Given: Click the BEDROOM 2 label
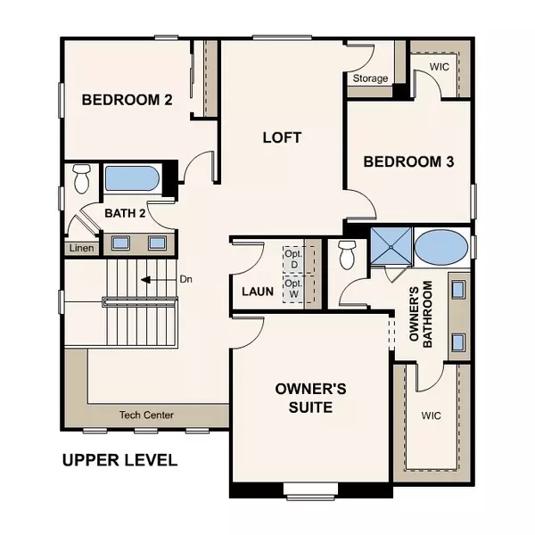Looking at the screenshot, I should point(127,100).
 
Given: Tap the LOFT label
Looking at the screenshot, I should point(282,138).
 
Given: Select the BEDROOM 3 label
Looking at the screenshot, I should point(409,161).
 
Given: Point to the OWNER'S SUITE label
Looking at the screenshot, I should point(304,399).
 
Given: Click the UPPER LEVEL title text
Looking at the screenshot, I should point(119,461).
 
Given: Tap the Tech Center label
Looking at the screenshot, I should point(146,415).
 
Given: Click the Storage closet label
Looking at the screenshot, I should point(370,78).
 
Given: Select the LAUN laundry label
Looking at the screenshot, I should point(257,292).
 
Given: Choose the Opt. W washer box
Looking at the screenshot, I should point(293,286).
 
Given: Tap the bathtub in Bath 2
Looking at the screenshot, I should point(132,178).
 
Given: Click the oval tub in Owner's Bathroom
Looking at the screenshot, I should point(440,247).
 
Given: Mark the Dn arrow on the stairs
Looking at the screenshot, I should point(145,279).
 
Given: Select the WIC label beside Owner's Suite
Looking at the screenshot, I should point(432,416).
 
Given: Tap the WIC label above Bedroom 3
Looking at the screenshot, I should point(440,67).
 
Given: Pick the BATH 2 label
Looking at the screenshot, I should point(125,213).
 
